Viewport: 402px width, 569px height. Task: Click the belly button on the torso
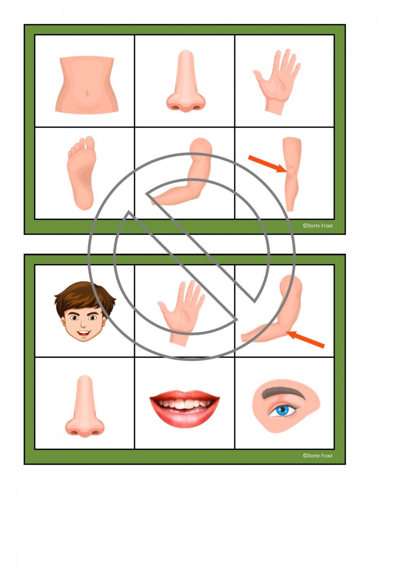[x=87, y=93]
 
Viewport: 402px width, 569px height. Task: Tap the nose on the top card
[x=186, y=81]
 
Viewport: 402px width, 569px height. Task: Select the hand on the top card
[x=277, y=82]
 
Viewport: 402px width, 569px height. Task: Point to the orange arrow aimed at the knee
[x=268, y=164]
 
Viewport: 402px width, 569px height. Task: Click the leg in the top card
[x=292, y=174]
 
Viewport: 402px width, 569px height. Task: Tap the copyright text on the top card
[x=318, y=226]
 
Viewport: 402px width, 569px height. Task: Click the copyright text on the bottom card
[x=318, y=463]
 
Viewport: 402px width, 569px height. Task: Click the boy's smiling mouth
[x=84, y=332]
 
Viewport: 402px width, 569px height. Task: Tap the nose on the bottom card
[x=84, y=406]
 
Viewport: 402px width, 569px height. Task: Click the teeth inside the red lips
[x=184, y=404]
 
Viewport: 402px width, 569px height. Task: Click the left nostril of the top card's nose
[x=175, y=107]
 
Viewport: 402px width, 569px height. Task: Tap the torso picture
[x=87, y=85]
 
